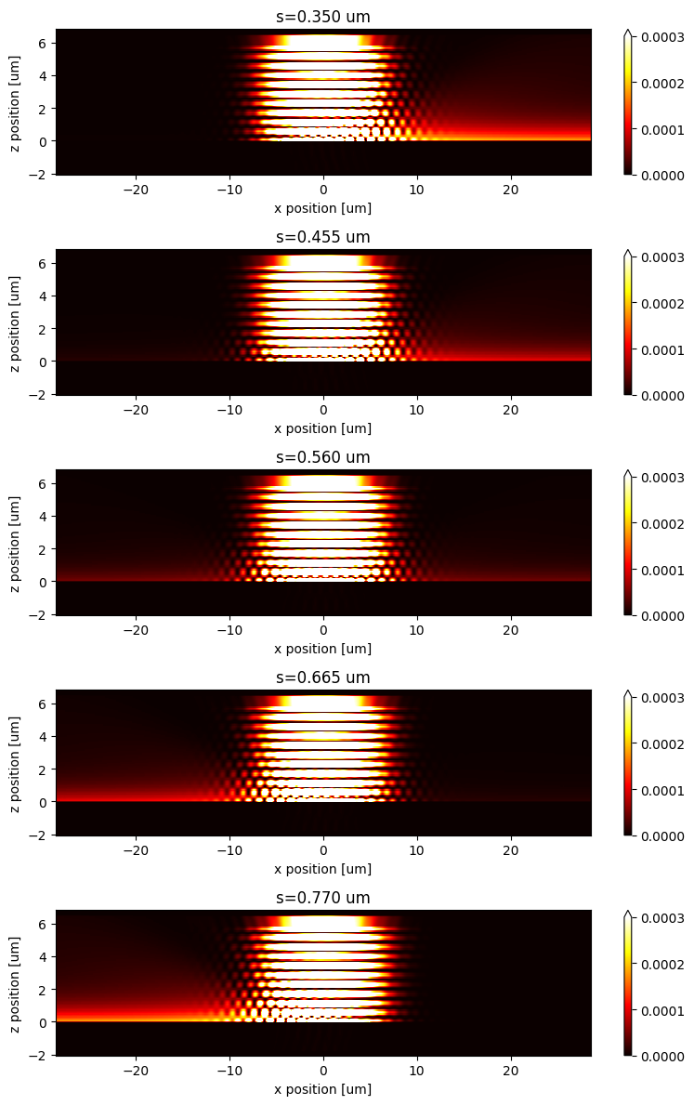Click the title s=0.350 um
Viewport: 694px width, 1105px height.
(x=323, y=17)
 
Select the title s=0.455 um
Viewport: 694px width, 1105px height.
(x=323, y=237)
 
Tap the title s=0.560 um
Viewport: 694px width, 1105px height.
(x=323, y=457)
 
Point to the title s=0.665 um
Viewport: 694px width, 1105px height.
(x=323, y=677)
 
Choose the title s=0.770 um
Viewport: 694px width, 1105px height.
(x=323, y=898)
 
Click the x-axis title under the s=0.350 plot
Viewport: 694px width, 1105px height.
(x=323, y=208)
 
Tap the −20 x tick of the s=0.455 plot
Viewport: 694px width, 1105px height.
(x=136, y=410)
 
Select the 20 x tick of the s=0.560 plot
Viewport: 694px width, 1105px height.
(x=510, y=630)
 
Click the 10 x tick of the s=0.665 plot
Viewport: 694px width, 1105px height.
(x=417, y=850)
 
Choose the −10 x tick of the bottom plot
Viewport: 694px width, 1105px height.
(x=229, y=1071)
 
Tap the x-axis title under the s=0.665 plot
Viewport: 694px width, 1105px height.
(x=323, y=869)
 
